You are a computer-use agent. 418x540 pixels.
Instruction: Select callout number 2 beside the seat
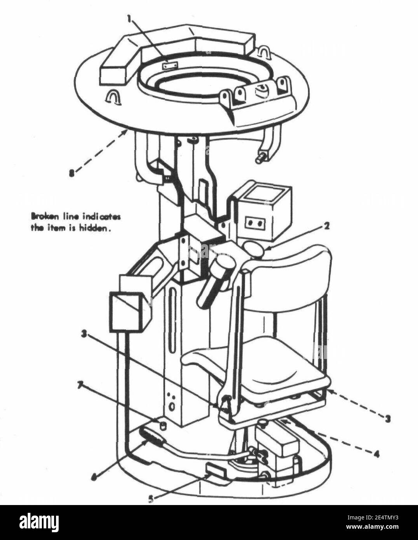[x=327, y=226]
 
